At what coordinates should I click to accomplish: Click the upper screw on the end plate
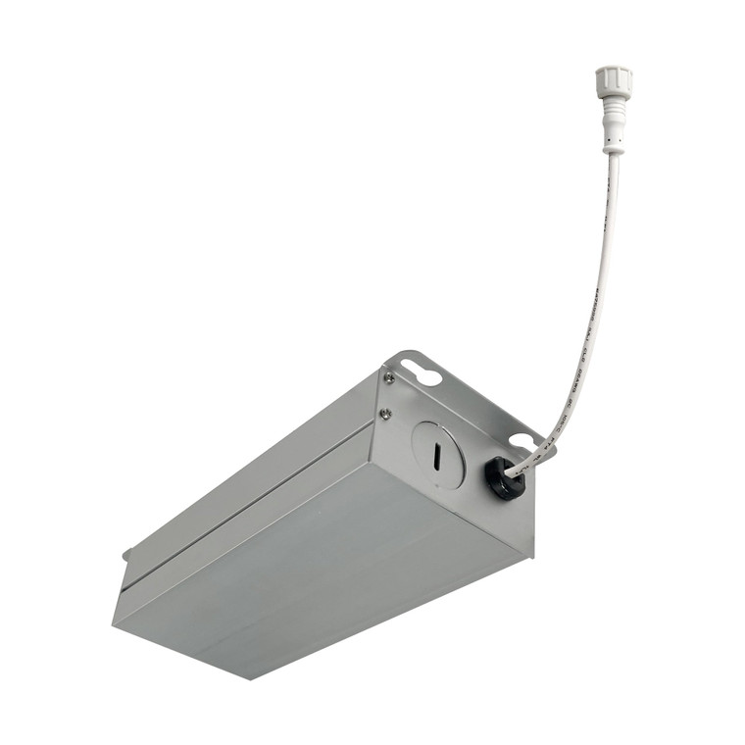click(x=389, y=377)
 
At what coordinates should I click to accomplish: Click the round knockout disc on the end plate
click(x=436, y=454)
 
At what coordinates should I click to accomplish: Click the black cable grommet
click(x=504, y=477)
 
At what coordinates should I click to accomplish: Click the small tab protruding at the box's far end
click(x=126, y=556)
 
